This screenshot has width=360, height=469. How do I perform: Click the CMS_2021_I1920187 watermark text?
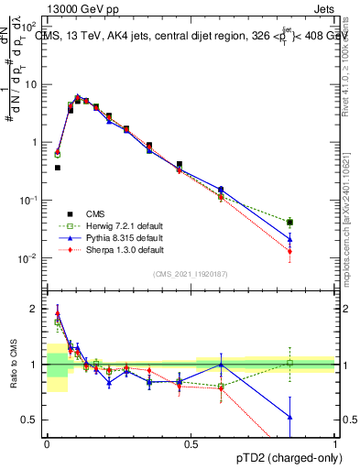(x=191, y=272)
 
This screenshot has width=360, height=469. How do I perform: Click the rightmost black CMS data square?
(x=289, y=223)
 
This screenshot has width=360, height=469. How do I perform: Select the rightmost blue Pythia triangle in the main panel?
(x=289, y=239)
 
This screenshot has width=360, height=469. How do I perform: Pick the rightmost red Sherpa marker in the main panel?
(x=289, y=251)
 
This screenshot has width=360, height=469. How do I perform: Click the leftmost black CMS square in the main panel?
(x=58, y=168)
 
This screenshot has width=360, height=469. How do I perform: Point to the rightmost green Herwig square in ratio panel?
(x=289, y=363)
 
